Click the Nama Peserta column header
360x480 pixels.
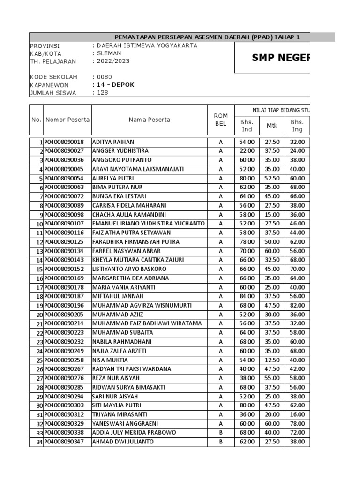pos(150,120)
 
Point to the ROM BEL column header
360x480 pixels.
pos(220,120)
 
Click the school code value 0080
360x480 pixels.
pos(104,77)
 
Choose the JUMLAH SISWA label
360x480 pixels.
pos(52,93)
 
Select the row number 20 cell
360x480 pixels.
pos(37,315)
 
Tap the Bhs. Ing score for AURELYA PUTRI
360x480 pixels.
pos(297,178)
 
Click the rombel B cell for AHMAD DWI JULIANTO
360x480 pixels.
pos(220,442)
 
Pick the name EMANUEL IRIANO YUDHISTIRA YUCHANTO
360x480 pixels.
pos(148,224)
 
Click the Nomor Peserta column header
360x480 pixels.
pos(67,120)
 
